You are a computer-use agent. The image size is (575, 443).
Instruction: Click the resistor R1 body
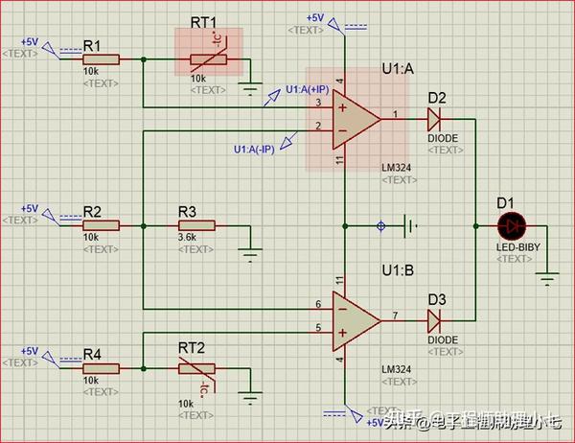click(x=100, y=58)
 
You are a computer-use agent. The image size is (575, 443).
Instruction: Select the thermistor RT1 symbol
click(x=208, y=58)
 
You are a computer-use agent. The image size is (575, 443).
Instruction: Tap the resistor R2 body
click(x=100, y=225)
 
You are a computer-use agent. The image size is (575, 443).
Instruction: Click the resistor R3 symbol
click(x=195, y=225)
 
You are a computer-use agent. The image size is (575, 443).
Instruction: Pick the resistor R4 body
click(x=100, y=367)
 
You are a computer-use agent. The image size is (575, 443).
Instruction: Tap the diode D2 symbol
click(x=434, y=119)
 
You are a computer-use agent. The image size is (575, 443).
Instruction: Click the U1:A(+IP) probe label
click(x=308, y=89)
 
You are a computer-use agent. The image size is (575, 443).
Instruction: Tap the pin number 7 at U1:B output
click(x=395, y=314)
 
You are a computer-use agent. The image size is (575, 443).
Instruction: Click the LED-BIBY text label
click(x=514, y=246)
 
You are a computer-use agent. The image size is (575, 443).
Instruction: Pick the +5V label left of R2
click(x=30, y=209)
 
